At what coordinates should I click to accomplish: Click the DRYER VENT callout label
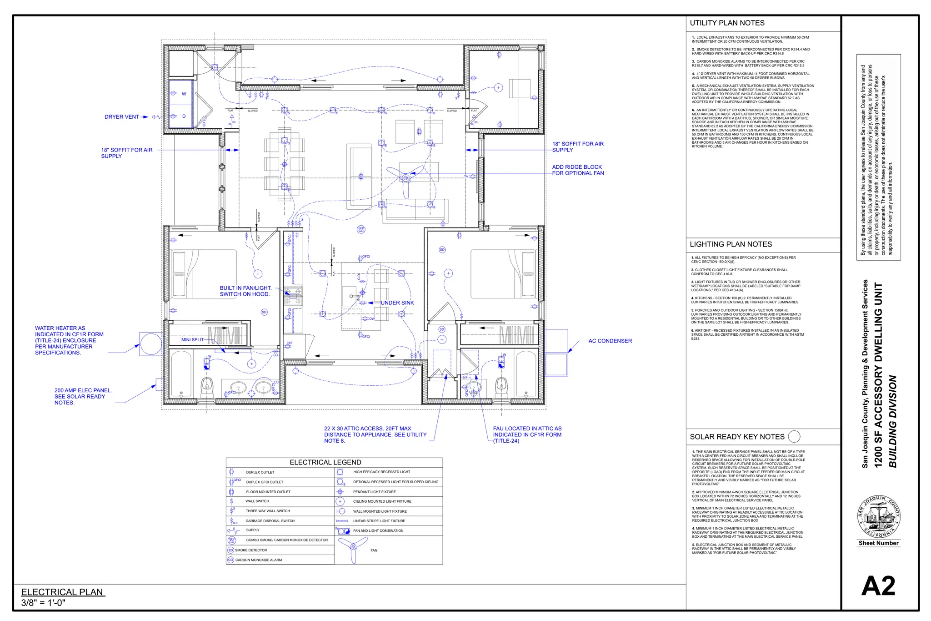(122, 117)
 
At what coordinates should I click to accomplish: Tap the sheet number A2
(878, 586)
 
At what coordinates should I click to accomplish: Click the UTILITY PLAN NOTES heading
(727, 23)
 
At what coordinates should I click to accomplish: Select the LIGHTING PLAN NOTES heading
(731, 244)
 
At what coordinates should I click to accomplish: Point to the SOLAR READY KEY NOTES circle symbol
(794, 437)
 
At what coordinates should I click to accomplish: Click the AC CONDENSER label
(610, 341)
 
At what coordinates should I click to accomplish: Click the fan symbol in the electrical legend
(353, 549)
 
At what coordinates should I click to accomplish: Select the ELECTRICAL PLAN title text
(62, 592)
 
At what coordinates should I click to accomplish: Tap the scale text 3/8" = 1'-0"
(43, 603)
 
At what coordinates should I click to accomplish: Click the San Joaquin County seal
(878, 517)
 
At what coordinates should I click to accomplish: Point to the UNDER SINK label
(397, 303)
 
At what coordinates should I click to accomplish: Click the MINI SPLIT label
(192, 340)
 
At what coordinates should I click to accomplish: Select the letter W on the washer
(184, 94)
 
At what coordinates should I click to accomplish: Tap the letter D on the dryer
(184, 116)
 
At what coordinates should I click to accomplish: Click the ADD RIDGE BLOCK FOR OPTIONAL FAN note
(578, 170)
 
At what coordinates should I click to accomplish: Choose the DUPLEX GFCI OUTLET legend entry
(265, 482)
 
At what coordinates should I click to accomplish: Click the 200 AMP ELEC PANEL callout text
(83, 396)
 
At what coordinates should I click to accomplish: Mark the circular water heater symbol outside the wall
(151, 343)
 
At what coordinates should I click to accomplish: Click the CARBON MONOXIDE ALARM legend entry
(258, 560)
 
